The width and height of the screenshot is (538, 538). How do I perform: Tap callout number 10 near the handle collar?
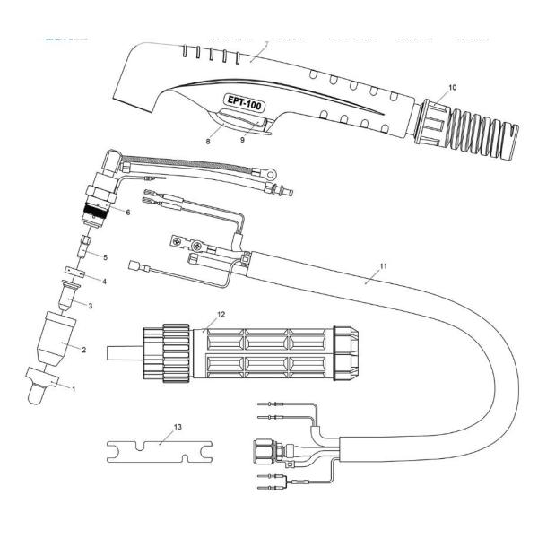[x=453, y=87]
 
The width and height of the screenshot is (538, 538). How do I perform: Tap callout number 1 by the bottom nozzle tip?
[x=74, y=388]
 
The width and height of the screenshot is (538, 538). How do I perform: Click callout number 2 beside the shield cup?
[x=82, y=350]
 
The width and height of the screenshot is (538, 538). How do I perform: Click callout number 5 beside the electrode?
[x=104, y=257]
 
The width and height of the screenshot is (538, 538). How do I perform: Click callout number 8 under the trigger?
[x=209, y=140]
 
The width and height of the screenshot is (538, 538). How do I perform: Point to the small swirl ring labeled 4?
[x=73, y=272]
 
